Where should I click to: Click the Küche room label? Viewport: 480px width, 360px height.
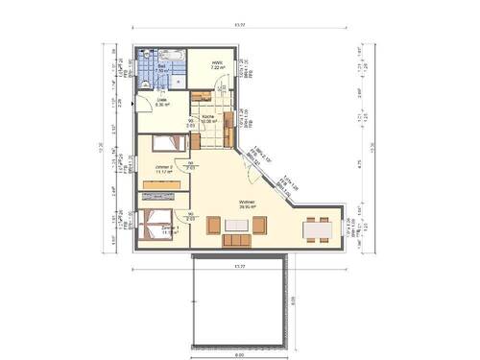(x=206, y=118)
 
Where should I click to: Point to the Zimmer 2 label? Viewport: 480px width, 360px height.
(x=164, y=167)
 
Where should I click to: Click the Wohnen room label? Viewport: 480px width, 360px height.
(x=248, y=202)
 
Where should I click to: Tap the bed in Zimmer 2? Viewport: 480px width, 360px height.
(x=155, y=147)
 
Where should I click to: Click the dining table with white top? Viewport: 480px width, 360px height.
(x=312, y=230)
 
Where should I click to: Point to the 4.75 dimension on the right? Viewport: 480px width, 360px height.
(x=359, y=163)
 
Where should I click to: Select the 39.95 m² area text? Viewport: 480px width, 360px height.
(x=248, y=207)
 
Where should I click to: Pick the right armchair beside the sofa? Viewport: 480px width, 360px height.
(x=259, y=226)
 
